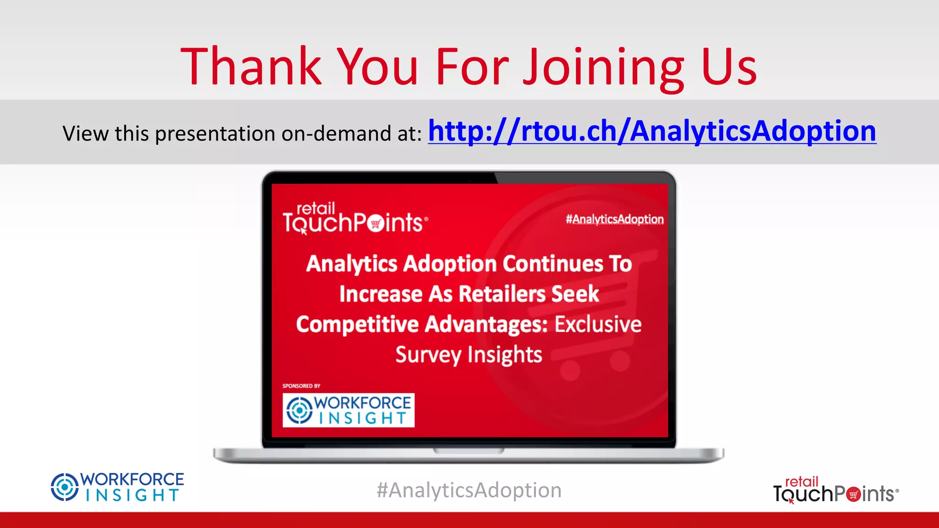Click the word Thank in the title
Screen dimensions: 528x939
251,67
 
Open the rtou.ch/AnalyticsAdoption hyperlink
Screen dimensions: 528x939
652,132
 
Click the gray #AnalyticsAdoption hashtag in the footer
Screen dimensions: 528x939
469,490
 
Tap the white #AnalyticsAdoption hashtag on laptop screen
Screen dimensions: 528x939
614,220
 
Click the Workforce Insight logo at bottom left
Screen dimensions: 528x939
117,487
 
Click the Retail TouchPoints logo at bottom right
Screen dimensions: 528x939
835,490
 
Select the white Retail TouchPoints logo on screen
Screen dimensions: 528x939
355,219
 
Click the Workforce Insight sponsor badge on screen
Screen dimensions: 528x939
348,410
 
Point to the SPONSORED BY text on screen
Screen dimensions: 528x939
301,386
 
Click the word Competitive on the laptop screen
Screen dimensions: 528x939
357,324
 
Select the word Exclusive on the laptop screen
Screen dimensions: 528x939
598,324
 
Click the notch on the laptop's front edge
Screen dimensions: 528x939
469,451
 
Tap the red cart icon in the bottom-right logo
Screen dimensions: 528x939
853,495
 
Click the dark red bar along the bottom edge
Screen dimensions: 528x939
469,520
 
